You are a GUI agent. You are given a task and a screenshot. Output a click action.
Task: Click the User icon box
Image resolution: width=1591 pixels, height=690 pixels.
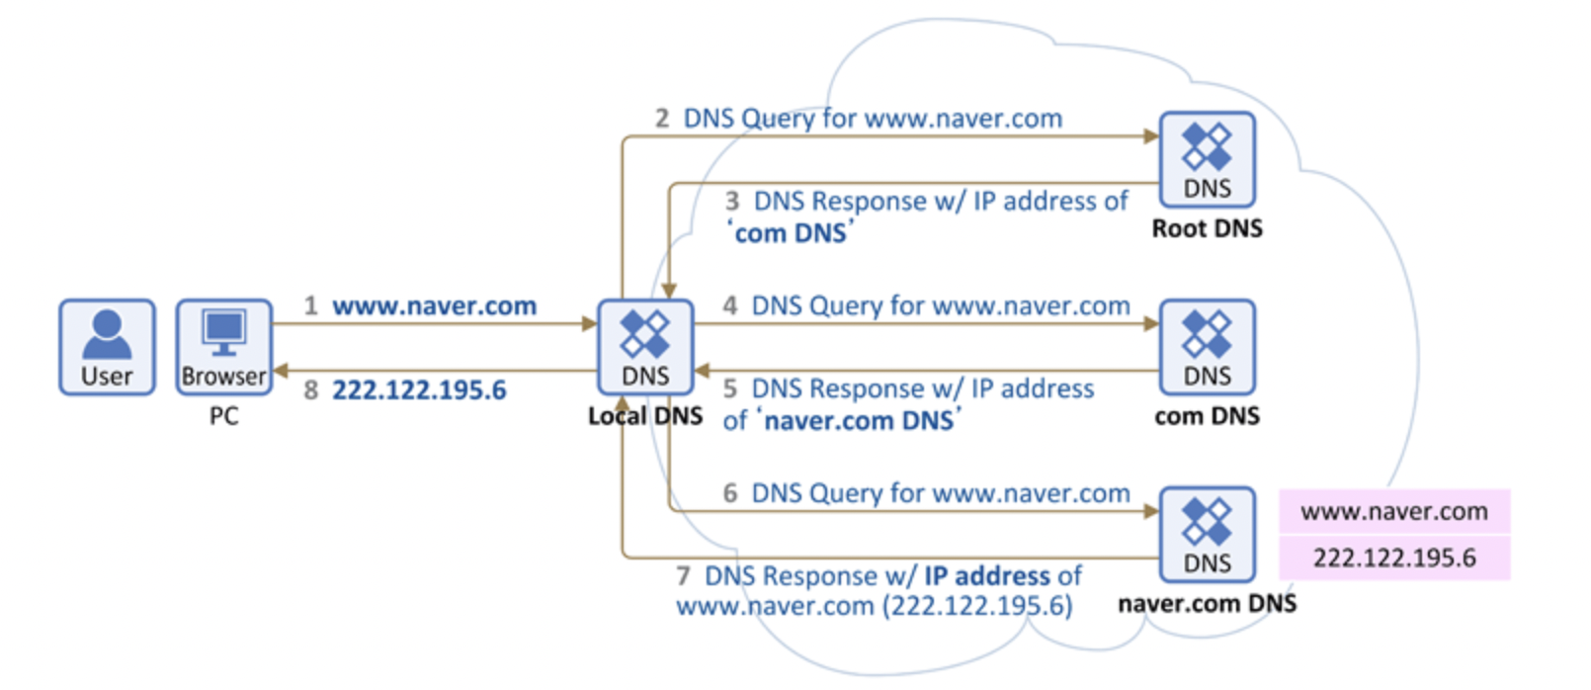(107, 347)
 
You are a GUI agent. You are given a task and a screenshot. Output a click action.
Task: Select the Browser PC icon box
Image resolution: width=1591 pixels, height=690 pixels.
(224, 347)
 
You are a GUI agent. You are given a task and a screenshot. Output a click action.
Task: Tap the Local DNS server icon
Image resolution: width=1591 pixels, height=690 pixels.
(645, 347)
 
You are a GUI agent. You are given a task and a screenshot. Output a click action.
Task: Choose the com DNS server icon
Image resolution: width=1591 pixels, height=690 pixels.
(1207, 347)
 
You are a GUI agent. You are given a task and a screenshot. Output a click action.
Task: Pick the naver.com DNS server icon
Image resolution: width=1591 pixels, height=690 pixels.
(1207, 534)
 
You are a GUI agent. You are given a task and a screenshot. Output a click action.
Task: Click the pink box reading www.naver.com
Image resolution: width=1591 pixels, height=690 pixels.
(1393, 512)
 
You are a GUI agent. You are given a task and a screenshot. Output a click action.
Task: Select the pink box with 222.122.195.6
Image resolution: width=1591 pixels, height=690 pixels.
(1393, 559)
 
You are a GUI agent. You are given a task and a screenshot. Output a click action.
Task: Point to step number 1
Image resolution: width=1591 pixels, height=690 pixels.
(310, 306)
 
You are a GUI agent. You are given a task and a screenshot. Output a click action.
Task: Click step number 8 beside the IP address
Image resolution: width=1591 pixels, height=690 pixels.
(310, 390)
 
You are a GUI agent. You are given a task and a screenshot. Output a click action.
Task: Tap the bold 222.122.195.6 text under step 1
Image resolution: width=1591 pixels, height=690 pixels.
(419, 390)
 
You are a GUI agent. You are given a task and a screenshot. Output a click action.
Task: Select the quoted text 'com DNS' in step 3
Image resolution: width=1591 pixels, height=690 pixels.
(791, 233)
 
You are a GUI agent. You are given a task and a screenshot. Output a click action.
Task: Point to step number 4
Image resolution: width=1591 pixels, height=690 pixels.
(729, 305)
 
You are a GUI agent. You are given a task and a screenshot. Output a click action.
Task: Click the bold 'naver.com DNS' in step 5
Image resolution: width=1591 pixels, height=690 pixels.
(859, 421)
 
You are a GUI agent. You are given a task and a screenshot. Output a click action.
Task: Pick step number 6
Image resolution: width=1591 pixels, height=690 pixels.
(729, 492)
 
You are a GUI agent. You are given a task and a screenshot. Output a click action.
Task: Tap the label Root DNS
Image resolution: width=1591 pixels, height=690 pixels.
(1207, 228)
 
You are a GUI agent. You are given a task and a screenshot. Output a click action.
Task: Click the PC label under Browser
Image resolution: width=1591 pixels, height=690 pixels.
(224, 416)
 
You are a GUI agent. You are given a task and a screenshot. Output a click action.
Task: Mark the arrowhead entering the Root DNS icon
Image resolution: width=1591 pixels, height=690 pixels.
(1151, 136)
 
